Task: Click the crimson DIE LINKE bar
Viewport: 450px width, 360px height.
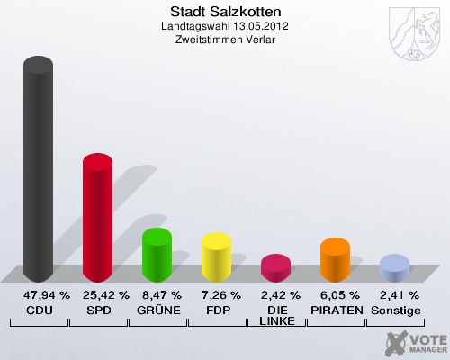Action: pyautogui.click(x=275, y=268)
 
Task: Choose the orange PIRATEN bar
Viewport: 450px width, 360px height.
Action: pyautogui.click(x=335, y=260)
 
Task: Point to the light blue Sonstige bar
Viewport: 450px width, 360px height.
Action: pyautogui.click(x=394, y=268)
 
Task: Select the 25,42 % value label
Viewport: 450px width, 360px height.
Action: pyautogui.click(x=105, y=294)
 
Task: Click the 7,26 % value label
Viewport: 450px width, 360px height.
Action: pyautogui.click(x=221, y=294)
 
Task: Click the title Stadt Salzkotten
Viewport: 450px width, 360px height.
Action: pyautogui.click(x=225, y=12)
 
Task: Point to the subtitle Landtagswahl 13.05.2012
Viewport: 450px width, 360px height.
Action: pyautogui.click(x=225, y=26)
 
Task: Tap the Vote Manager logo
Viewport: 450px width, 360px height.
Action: pyautogui.click(x=415, y=342)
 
